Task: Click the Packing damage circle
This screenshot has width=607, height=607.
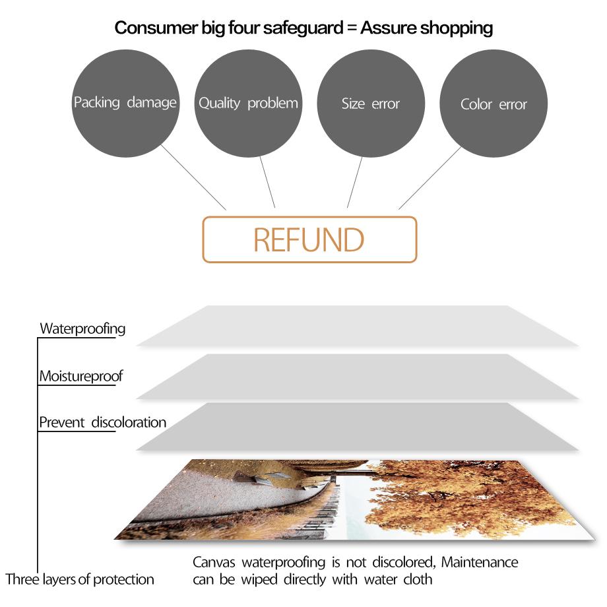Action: point(125,103)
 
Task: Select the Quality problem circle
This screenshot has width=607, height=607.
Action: point(249,103)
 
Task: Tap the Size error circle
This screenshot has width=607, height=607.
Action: point(371,103)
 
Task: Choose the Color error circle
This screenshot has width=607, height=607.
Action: point(494,103)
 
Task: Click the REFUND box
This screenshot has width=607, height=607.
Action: point(309,240)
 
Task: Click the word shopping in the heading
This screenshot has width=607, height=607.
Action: point(456,28)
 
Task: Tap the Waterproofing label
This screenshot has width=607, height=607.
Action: point(82,328)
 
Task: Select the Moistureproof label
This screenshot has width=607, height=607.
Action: point(80,377)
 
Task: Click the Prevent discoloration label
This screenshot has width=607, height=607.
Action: point(102,422)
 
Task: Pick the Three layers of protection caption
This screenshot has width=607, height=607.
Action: point(80,579)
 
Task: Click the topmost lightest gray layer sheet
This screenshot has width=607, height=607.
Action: point(356,326)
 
